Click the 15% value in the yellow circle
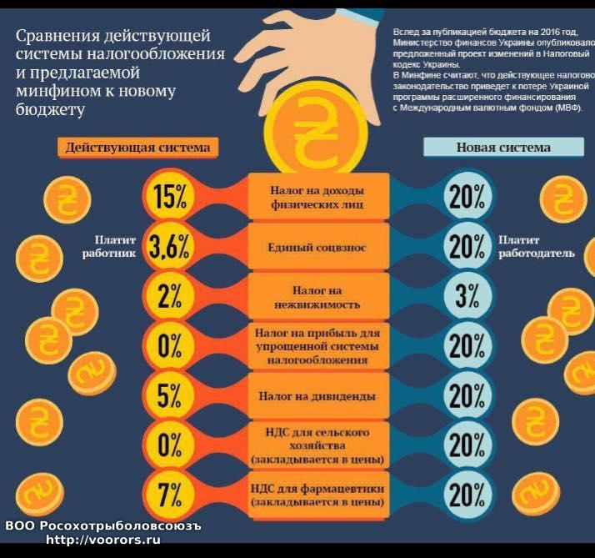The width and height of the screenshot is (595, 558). pos(170,197)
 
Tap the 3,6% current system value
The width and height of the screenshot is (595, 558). pos(170,246)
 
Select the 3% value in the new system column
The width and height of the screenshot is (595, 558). pos(467,295)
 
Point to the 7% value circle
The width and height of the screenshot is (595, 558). pos(170,495)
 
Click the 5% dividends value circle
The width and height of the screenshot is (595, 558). pos(170,395)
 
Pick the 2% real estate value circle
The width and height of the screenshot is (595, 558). pos(170,295)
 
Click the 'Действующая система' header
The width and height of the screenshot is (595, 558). pos(137,148)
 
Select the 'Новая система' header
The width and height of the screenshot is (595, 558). pos(503,148)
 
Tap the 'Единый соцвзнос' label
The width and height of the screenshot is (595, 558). pos(317,248)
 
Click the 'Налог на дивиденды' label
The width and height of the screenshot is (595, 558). pos(317,396)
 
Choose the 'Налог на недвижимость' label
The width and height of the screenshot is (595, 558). pos(317,297)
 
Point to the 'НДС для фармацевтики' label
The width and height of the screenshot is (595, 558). pos(317,495)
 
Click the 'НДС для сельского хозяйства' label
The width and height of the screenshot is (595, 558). pos(317,446)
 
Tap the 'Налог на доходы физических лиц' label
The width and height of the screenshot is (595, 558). pos(317,197)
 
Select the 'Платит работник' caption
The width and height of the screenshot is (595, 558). pos(107,246)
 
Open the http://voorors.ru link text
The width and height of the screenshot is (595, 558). pos(103,540)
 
